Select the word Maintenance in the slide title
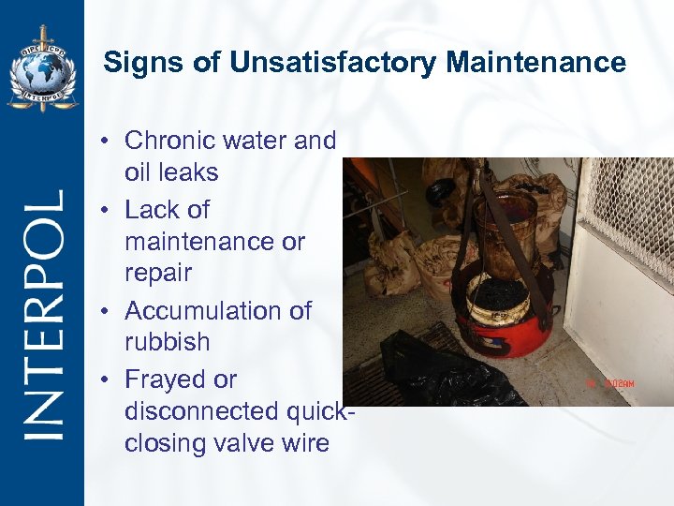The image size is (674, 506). (535, 63)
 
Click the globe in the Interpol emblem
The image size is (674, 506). (41, 71)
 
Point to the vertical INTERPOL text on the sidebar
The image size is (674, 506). (43, 314)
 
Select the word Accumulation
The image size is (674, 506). (218, 310)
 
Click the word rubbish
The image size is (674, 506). (167, 342)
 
